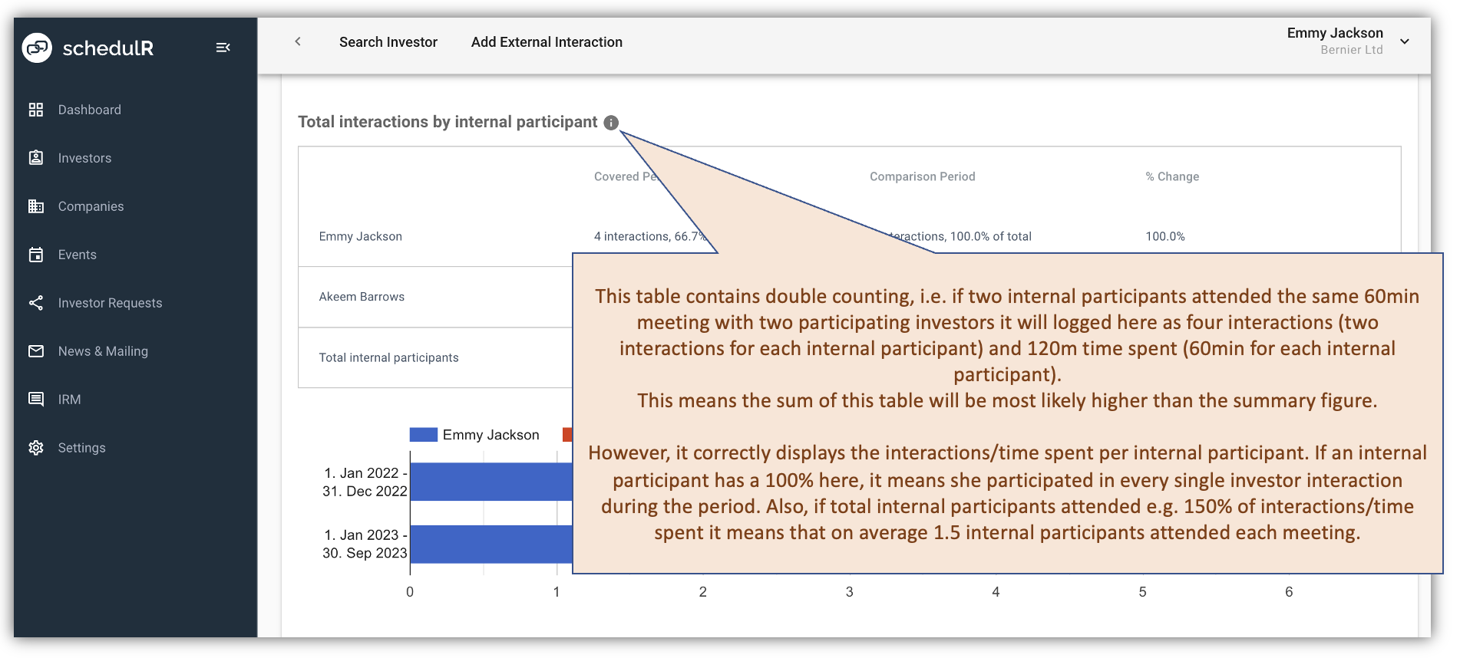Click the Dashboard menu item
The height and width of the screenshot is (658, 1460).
[89, 110]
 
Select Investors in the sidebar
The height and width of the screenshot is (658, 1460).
[84, 158]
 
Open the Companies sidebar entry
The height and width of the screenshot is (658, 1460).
[91, 206]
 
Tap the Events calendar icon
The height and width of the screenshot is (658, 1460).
[36, 255]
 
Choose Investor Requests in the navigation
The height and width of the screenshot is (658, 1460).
[110, 303]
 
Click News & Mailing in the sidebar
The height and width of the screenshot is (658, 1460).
[103, 351]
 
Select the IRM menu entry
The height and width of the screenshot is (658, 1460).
[69, 400]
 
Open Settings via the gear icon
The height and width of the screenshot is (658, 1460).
[36, 448]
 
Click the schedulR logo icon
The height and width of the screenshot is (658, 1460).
[37, 48]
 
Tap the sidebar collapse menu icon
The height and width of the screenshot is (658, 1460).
[223, 48]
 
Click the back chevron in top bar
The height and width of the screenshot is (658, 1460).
[298, 41]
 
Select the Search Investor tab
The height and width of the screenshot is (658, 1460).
[388, 42]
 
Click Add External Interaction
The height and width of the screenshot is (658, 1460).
[547, 42]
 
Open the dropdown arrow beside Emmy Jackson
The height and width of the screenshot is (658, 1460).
[1404, 41]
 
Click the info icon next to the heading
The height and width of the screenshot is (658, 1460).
[611, 123]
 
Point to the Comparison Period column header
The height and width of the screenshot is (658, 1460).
[922, 176]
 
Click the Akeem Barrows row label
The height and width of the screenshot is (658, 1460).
[362, 297]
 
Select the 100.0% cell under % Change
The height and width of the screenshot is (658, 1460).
[1164, 236]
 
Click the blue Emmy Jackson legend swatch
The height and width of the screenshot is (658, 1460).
[423, 435]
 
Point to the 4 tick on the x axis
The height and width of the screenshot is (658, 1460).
[996, 591]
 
